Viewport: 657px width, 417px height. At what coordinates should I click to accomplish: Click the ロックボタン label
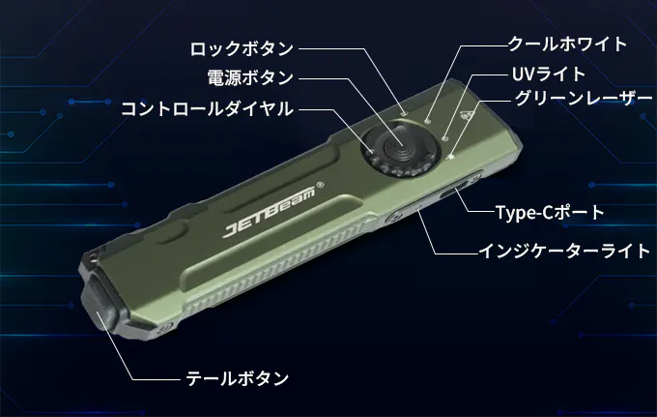point(242,48)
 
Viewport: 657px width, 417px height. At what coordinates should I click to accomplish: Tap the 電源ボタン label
point(250,77)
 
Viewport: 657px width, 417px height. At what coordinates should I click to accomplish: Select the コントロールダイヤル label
point(207,109)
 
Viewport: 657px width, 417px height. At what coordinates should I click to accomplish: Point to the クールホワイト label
point(567,45)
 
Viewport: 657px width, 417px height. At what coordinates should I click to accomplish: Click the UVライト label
point(549,74)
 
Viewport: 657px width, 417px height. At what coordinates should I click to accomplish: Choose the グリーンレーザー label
point(584,99)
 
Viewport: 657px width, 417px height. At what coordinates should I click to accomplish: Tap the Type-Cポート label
point(550,212)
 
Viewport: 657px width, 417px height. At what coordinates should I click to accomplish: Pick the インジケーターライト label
point(564,251)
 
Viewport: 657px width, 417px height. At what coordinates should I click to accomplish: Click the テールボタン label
point(237,378)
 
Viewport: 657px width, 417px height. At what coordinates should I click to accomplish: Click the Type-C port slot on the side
point(454,190)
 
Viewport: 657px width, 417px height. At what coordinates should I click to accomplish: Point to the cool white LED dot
point(427,121)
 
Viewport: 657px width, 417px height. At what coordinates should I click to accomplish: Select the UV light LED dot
point(445,137)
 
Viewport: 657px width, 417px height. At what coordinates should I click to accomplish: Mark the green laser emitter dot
point(451,157)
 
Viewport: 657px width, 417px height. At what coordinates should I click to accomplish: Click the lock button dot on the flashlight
point(404,113)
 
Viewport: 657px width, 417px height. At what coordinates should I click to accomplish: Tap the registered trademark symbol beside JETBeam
point(321,185)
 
